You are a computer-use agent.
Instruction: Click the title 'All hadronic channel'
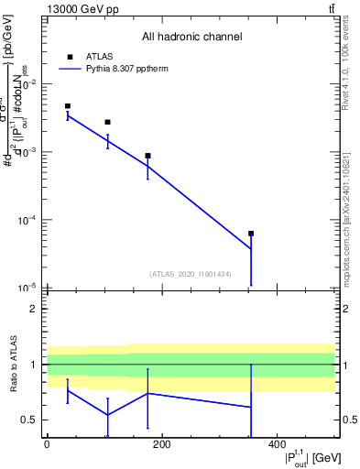click(x=191, y=37)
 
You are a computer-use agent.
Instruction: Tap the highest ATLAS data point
click(x=68, y=106)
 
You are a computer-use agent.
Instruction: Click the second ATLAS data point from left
click(x=107, y=122)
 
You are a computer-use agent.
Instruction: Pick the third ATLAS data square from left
click(x=147, y=156)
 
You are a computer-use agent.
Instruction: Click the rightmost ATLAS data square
click(x=251, y=234)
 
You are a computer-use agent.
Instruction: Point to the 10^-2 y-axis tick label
click(x=28, y=84)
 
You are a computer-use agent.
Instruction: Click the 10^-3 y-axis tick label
click(x=28, y=152)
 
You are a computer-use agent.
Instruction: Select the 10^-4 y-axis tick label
click(x=28, y=220)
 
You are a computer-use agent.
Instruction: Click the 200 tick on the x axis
click(x=162, y=444)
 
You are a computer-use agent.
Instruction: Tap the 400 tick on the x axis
click(x=277, y=444)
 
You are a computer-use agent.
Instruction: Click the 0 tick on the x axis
click(x=47, y=444)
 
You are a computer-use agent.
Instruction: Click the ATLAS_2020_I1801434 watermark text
click(x=191, y=274)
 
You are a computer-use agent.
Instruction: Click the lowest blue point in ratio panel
click(x=107, y=415)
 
